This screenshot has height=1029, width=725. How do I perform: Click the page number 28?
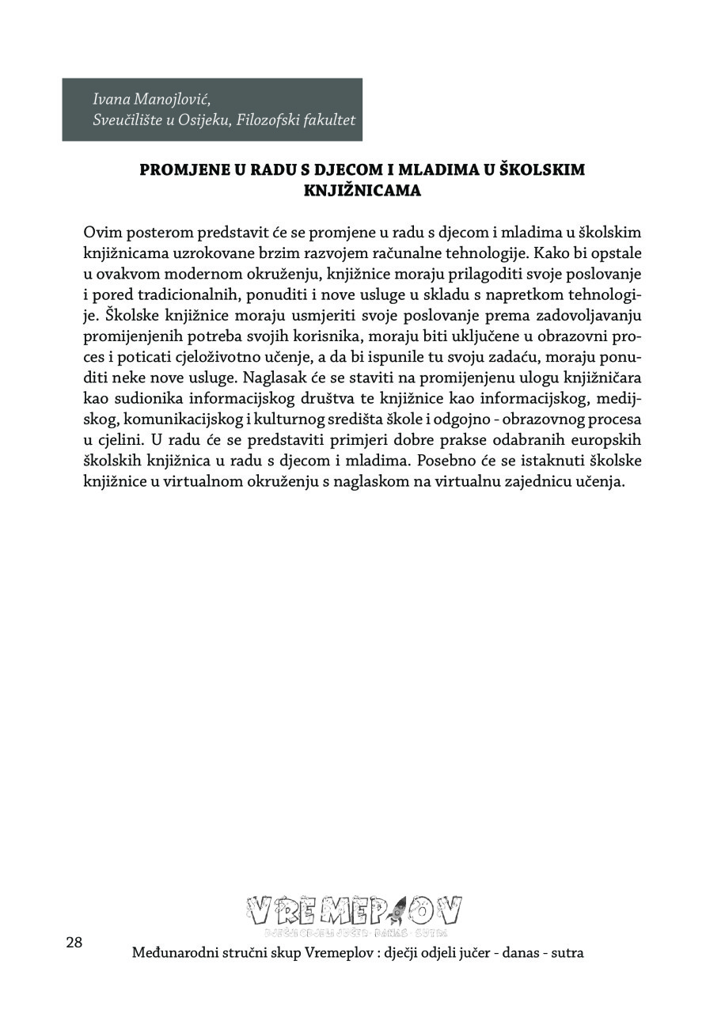click(x=74, y=943)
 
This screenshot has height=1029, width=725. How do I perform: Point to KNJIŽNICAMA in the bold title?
click(x=362, y=191)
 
